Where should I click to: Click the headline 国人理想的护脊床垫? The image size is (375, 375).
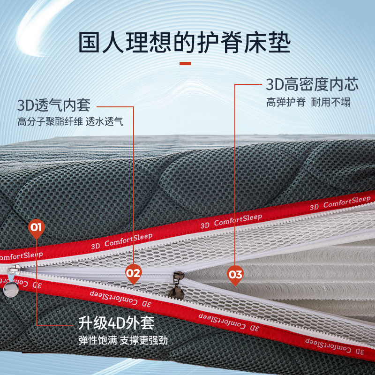pyautogui.click(x=184, y=43)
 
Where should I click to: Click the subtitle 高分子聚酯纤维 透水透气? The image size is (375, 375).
pyautogui.click(x=70, y=122)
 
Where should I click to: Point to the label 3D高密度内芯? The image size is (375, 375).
pyautogui.click(x=312, y=84)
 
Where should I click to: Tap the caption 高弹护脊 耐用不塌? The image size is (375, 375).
pyautogui.click(x=308, y=102)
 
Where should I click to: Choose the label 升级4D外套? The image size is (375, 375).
pyautogui.click(x=116, y=323)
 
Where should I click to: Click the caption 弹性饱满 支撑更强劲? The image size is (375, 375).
pyautogui.click(x=123, y=340)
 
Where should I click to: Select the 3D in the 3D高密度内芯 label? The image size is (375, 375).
pyautogui.click(x=275, y=85)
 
